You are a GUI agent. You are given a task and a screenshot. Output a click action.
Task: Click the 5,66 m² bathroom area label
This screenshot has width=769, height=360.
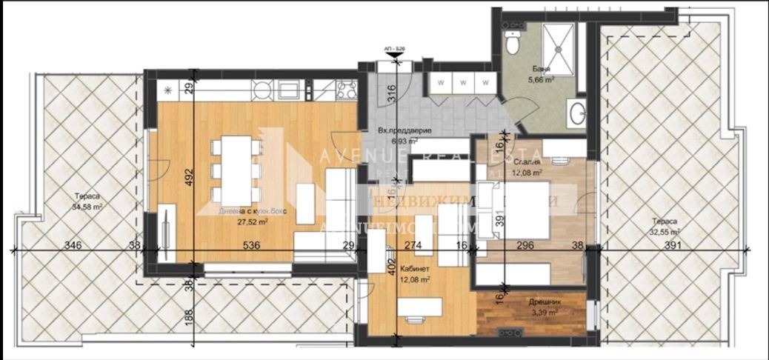point(542,81)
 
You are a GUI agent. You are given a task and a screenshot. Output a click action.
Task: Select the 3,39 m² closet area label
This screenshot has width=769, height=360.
point(545,313)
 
